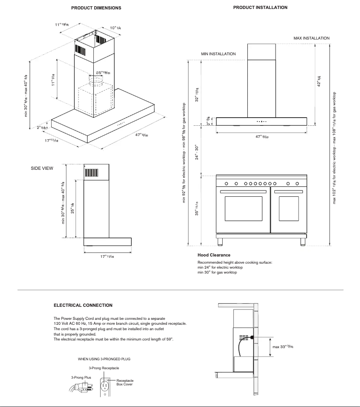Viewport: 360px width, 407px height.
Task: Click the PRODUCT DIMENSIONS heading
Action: tap(96, 8)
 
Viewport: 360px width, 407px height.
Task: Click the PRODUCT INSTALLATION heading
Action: tap(260, 8)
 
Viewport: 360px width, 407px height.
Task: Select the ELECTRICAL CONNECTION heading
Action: tap(83, 305)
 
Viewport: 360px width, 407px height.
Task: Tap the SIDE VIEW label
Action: tap(42, 168)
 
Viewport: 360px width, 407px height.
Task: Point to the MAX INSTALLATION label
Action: tap(312, 39)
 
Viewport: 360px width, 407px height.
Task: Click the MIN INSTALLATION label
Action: tap(218, 54)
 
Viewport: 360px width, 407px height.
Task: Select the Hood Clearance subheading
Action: tap(214, 255)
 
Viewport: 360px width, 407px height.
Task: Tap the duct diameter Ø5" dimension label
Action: tap(103, 73)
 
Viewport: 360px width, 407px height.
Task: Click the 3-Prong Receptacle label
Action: tap(104, 368)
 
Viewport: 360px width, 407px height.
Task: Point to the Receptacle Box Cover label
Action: tap(124, 382)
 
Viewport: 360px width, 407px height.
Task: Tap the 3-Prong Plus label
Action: tap(81, 377)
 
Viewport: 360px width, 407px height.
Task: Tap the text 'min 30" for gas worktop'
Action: tap(217, 272)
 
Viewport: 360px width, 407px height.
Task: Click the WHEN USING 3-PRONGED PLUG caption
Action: tap(104, 359)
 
